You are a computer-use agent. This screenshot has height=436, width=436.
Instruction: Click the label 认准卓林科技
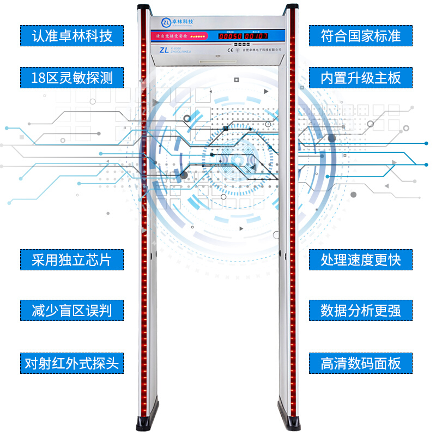point(72,36)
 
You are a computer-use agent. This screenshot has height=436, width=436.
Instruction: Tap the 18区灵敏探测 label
point(72,77)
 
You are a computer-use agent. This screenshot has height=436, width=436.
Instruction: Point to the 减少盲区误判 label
point(72,310)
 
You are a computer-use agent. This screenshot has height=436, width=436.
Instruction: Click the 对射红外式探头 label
point(72,362)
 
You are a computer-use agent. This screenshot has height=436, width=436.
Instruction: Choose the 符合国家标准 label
point(361,36)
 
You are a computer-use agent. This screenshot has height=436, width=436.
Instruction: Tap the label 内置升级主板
point(361,77)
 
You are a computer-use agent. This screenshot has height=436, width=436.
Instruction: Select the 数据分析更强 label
point(361,310)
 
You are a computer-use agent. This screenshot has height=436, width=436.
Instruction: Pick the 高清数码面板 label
point(361,362)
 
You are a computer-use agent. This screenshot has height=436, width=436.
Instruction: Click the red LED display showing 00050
point(230,36)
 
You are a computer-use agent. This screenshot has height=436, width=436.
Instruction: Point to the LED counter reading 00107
point(256,36)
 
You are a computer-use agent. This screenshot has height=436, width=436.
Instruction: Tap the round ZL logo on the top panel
point(166,22)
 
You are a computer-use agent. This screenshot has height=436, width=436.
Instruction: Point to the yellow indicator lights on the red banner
point(200,37)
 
